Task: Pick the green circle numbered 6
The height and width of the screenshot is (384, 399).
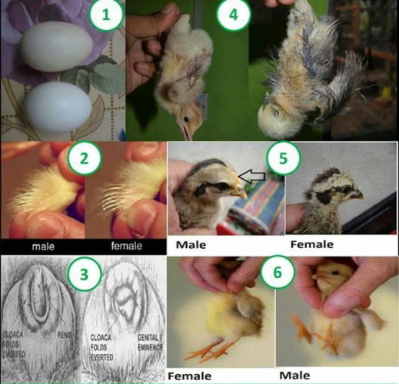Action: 278,273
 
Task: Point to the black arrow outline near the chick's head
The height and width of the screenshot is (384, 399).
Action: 252,178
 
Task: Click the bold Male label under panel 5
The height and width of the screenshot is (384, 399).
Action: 195,244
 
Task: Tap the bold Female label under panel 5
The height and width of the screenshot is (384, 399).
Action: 311,244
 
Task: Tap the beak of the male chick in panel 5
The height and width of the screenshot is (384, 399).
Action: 240,193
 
